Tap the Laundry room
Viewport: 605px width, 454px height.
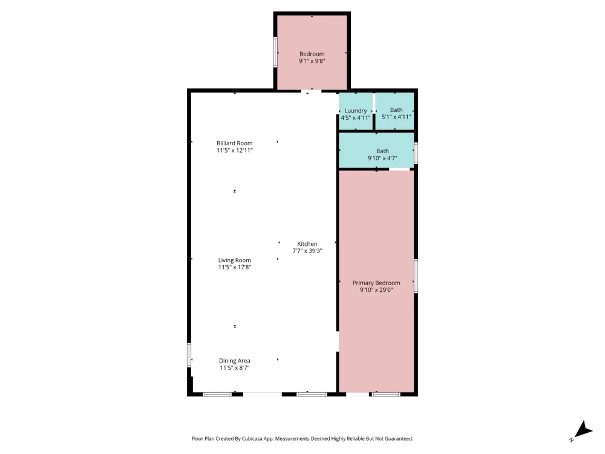click(356, 111)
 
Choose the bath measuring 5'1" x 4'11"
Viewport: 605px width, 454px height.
click(394, 111)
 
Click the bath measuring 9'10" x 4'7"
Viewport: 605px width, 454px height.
click(376, 151)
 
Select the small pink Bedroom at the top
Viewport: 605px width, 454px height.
click(312, 53)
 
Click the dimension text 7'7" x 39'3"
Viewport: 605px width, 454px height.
click(307, 251)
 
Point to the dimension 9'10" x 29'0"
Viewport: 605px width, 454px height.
click(376, 290)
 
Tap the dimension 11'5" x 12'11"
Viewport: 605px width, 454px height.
click(235, 151)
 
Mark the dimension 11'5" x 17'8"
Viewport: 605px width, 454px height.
click(235, 267)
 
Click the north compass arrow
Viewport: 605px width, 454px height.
click(583, 430)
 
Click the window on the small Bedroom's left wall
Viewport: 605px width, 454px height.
click(275, 52)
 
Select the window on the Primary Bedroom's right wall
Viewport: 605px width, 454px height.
click(416, 276)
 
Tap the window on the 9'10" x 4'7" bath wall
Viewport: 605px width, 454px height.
click(416, 153)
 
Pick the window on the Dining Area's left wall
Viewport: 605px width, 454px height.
click(189, 355)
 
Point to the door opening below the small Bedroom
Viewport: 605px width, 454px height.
click(312, 91)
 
